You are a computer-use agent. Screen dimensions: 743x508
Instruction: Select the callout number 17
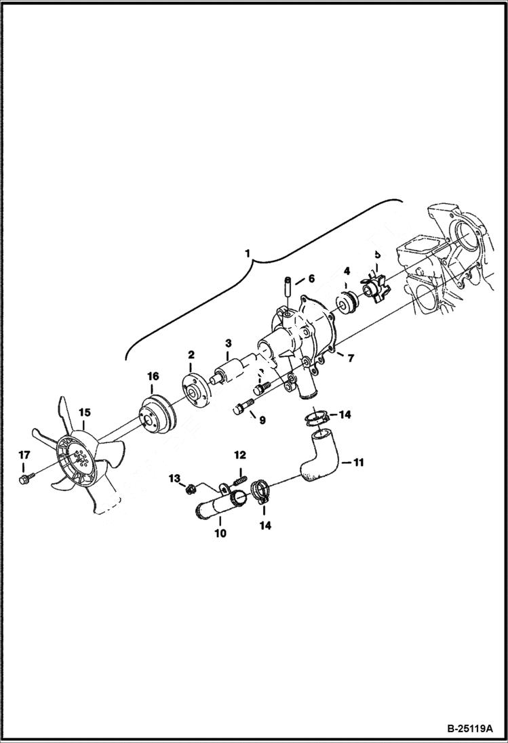[24, 454]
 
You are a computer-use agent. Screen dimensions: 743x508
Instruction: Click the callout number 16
[153, 376]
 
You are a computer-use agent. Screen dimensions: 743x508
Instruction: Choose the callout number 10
[220, 533]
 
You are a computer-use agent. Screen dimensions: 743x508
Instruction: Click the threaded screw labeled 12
[239, 478]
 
